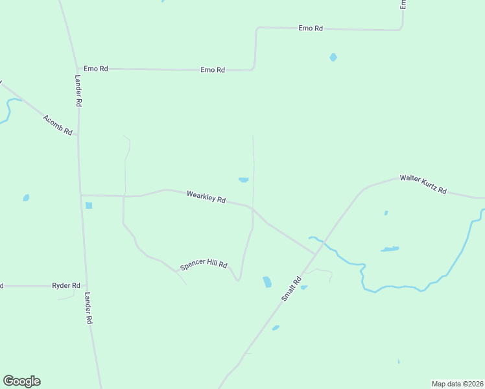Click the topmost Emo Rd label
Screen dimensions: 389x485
coord(311,29)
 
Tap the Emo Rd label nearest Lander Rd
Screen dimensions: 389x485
coord(95,69)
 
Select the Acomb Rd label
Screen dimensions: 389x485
coord(58,124)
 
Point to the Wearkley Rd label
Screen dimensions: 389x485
coord(206,197)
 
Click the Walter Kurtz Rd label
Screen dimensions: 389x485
coord(423,183)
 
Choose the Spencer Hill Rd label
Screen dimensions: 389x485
coord(204,264)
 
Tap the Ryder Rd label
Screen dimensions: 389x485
coord(66,285)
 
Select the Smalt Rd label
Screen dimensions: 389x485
coord(292,289)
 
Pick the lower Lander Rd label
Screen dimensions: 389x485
coord(89,308)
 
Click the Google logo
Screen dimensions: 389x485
coord(21,381)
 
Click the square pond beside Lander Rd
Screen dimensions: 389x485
coord(89,206)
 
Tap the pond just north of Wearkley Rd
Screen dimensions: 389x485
coord(244,180)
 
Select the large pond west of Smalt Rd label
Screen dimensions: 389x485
coord(267,281)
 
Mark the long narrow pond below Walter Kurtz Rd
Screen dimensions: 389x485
coord(390,249)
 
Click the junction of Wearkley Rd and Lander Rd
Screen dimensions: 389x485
coord(80,194)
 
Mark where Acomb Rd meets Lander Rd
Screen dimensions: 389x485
coord(78,136)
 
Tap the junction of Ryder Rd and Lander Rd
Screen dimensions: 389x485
coord(86,285)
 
